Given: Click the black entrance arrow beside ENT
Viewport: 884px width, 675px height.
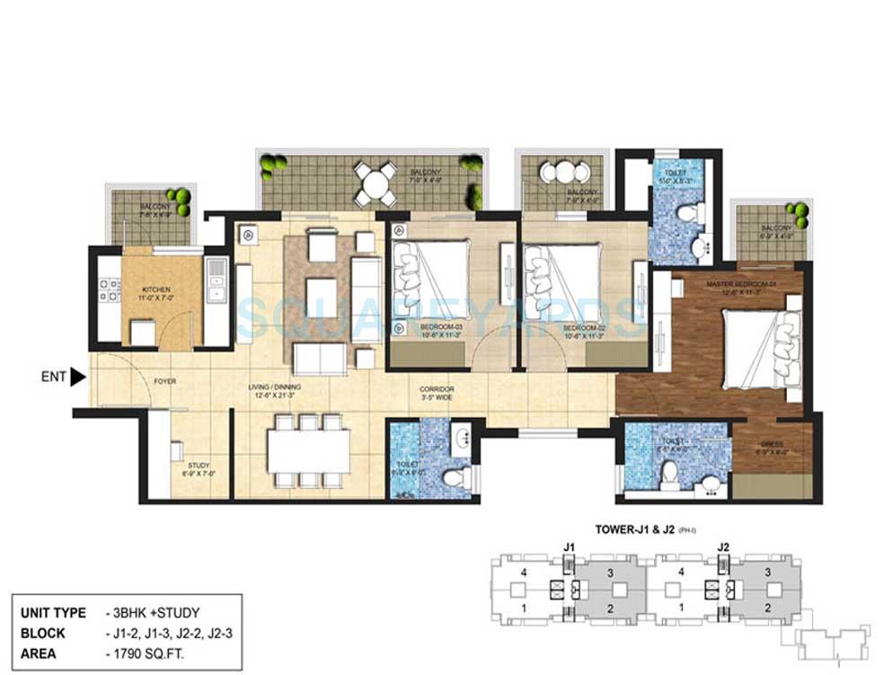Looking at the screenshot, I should coord(78,377).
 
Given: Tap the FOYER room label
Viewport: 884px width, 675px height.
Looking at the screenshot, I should coord(164,381).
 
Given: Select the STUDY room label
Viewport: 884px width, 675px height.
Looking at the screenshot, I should coord(199,466).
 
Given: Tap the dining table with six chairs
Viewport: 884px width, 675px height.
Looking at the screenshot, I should coord(307,451).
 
